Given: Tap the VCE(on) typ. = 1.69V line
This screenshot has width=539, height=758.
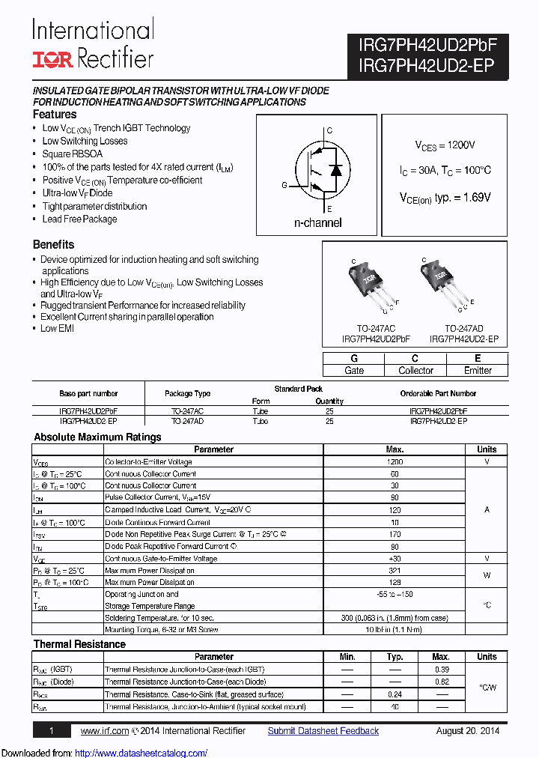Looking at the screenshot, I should [x=445, y=197].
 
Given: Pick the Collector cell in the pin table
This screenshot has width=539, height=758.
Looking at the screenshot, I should [x=415, y=370].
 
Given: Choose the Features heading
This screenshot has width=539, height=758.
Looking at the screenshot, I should [x=55, y=115].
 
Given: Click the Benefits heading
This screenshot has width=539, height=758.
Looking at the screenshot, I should [x=53, y=244].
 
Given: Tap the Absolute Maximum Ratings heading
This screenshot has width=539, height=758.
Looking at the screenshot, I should [x=97, y=437].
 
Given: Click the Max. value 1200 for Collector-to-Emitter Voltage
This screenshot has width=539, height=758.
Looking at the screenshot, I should [x=395, y=461].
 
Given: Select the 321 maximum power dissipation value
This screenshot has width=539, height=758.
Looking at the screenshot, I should [x=395, y=570].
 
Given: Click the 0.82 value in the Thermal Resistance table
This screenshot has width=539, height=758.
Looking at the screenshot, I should [x=442, y=682].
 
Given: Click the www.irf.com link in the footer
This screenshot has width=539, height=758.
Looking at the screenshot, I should [x=105, y=731].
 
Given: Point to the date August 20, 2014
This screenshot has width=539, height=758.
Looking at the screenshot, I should [x=467, y=731].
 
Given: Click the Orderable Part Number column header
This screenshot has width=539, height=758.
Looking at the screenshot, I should [x=438, y=393].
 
